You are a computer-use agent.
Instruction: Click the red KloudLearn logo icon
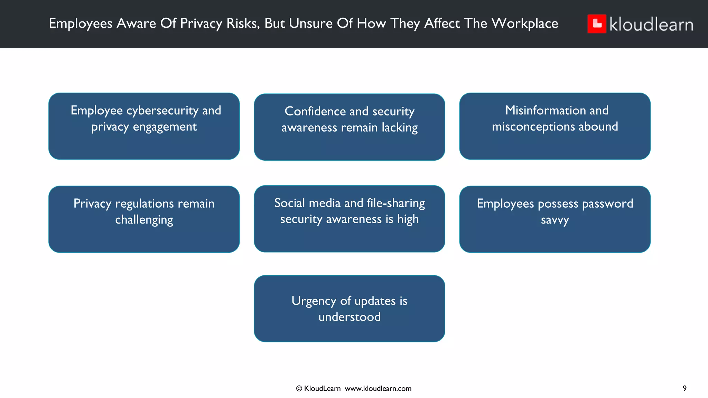597,24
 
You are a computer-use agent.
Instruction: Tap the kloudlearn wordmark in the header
651,25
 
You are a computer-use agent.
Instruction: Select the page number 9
684,388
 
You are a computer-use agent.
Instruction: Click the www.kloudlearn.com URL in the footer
378,389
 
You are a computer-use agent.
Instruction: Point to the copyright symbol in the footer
299,389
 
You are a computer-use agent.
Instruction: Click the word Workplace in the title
524,23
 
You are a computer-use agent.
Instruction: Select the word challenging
144,220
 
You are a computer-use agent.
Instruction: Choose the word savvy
555,220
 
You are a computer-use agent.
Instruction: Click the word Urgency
314,301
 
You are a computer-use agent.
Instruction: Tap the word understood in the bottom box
350,317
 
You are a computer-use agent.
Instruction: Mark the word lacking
400,128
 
